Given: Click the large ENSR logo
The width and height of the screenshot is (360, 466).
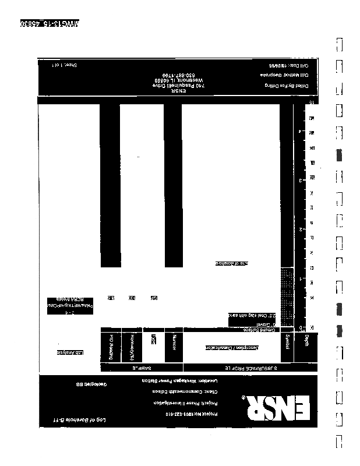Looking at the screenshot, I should tap(274, 408).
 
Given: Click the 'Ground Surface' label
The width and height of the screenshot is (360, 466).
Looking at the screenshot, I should tap(260, 330).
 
